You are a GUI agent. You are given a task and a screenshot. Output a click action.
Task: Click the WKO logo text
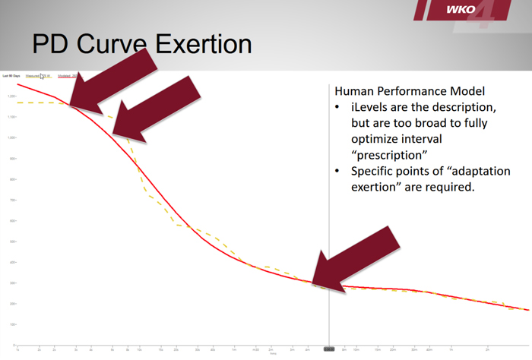(461, 10)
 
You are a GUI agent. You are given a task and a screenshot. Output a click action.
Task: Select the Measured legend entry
(38, 76)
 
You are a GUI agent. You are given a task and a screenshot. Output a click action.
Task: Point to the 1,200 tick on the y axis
(11, 96)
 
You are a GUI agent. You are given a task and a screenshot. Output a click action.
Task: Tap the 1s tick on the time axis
(17, 349)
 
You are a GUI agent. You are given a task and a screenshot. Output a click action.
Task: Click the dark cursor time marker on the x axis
(329, 349)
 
